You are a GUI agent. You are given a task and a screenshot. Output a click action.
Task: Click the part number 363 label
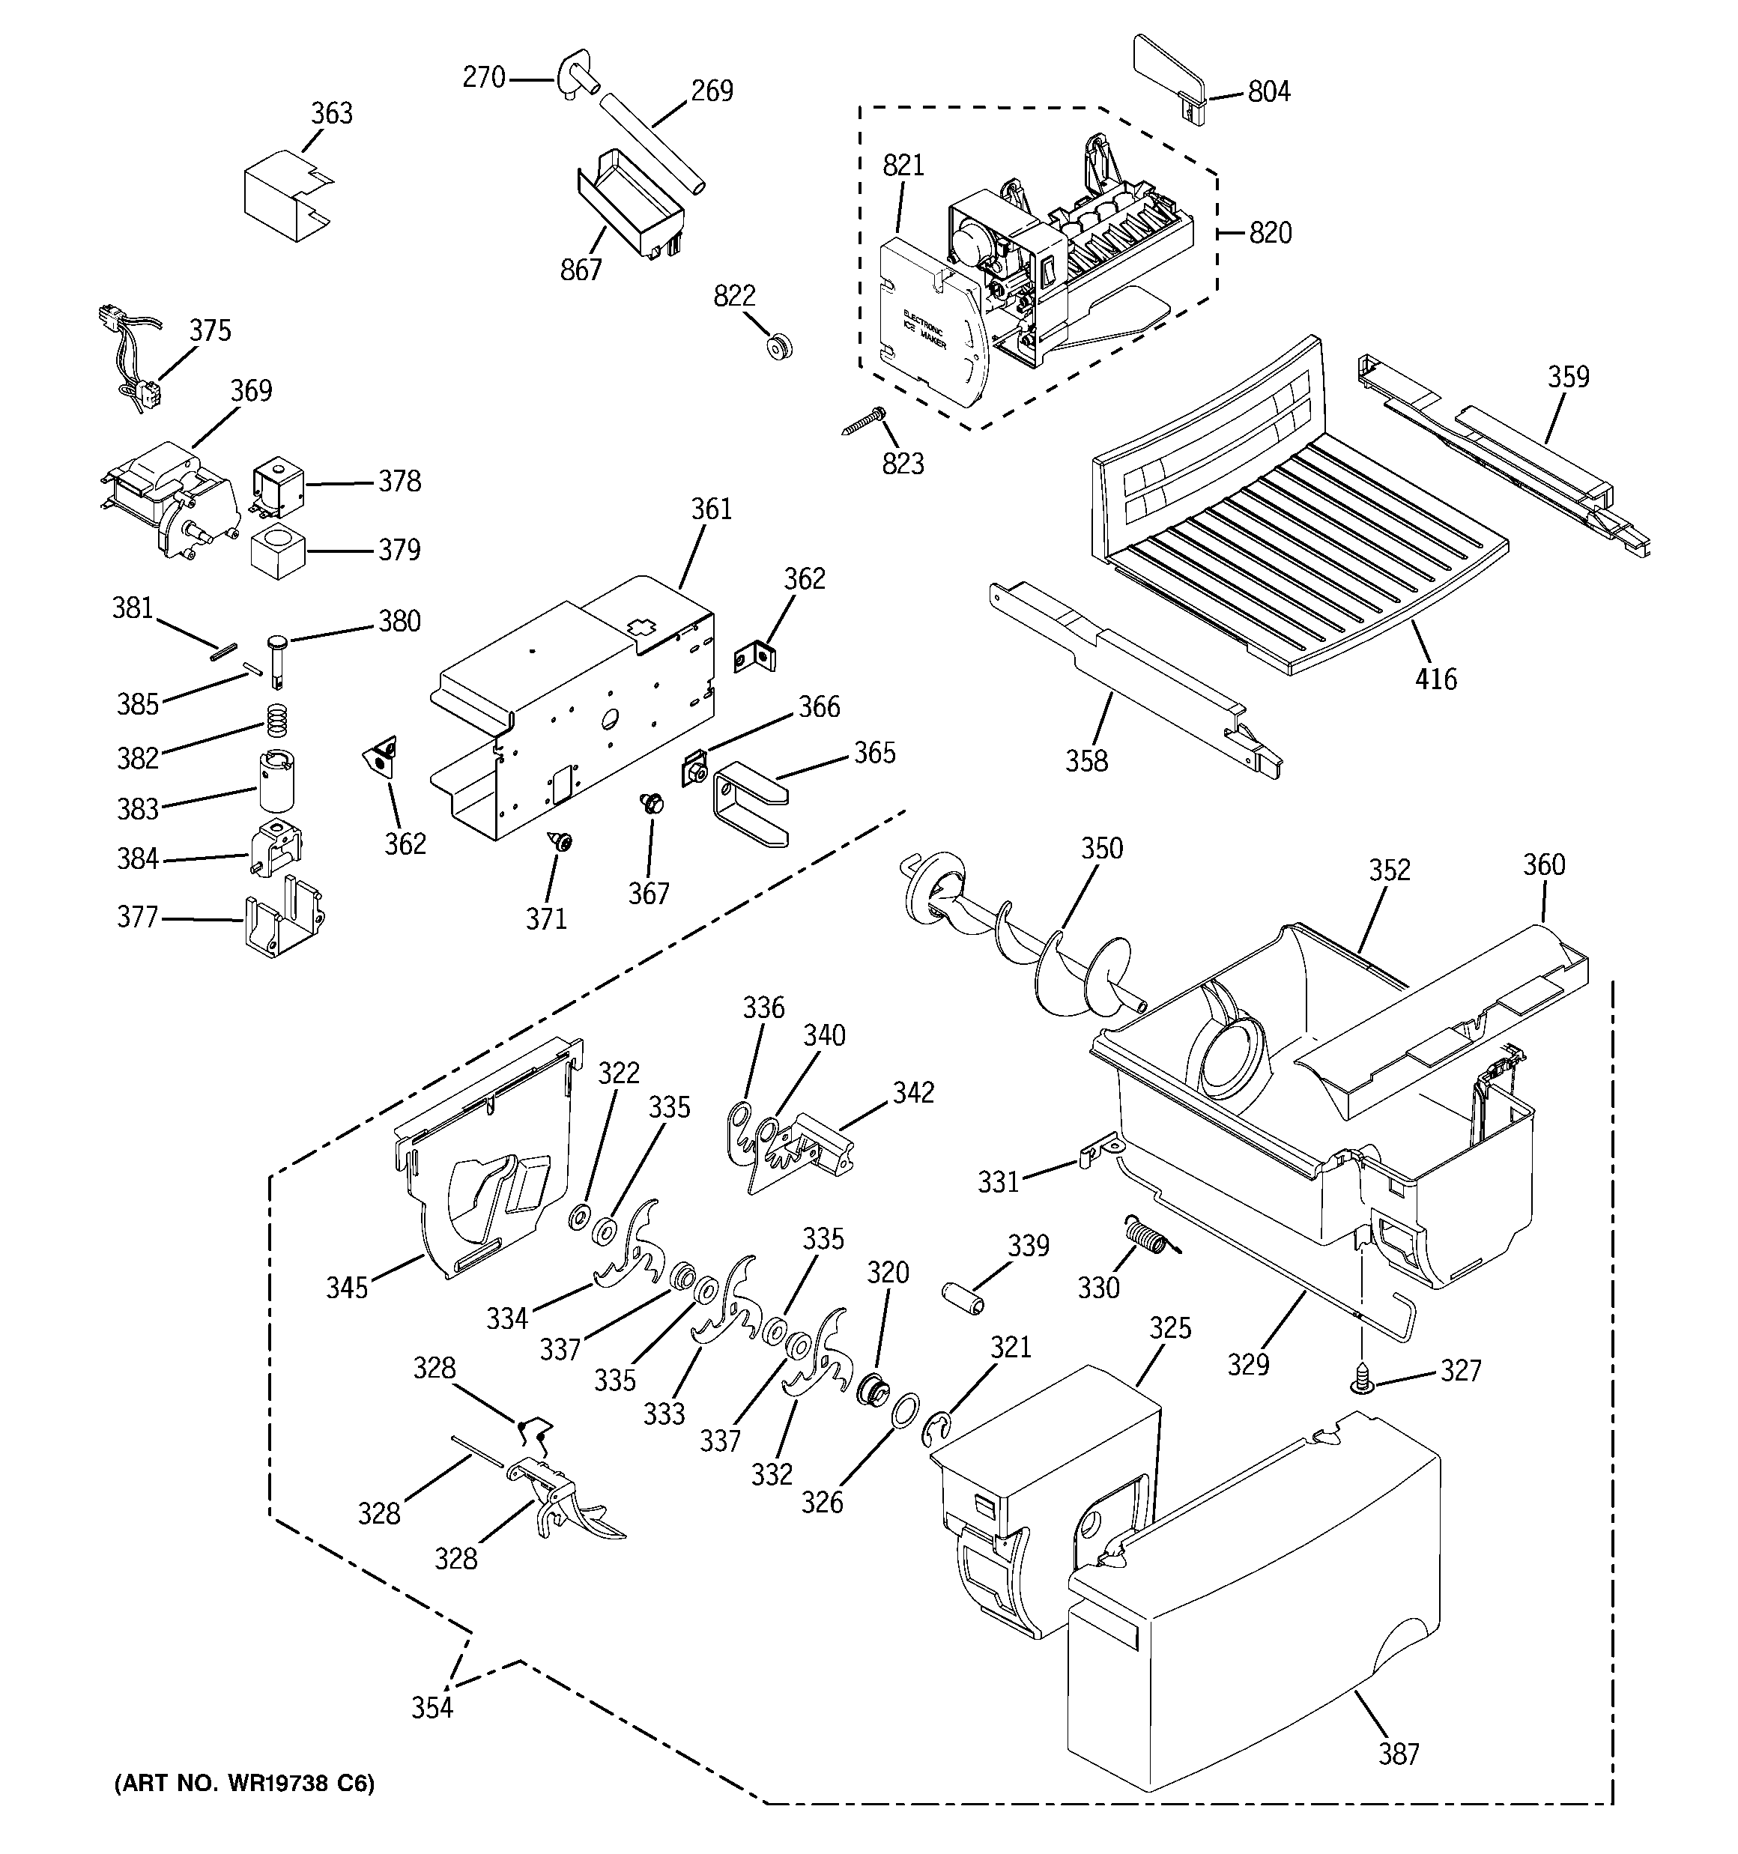[331, 114]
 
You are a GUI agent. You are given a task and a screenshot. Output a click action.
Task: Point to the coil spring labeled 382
[273, 719]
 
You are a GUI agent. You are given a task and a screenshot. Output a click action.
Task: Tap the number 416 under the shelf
[1435, 679]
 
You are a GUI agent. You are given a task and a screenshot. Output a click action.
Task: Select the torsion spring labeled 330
[1142, 1237]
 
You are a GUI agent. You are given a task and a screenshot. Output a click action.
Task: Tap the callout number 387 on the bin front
[1399, 1754]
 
